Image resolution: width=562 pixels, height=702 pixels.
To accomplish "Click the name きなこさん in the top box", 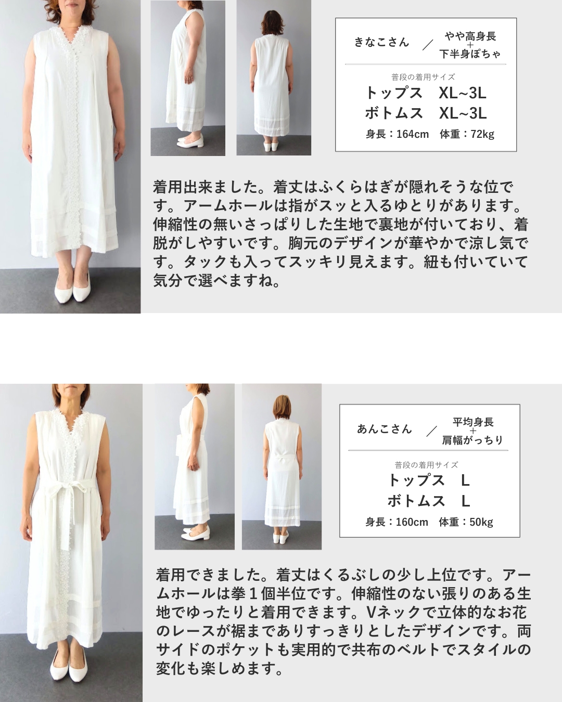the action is point(381,43).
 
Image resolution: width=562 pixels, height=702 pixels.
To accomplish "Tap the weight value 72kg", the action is point(482,134).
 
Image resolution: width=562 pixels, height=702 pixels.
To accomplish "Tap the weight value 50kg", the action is point(481,522).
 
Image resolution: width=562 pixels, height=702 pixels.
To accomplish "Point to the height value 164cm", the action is point(413,134).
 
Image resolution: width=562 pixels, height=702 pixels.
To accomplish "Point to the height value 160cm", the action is point(412,522).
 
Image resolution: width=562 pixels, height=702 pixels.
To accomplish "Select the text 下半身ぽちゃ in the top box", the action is point(469,54).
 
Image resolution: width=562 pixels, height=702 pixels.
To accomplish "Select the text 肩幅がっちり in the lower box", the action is point(472,440).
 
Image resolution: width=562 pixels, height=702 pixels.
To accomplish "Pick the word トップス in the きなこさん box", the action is point(394,94).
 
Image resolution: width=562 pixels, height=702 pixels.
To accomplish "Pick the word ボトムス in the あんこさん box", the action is point(416,501).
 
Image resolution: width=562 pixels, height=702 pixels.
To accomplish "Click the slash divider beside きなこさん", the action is point(427,45).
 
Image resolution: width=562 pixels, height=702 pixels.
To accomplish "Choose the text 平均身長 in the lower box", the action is point(473,422).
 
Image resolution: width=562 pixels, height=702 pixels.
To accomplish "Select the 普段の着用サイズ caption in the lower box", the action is point(426,465).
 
